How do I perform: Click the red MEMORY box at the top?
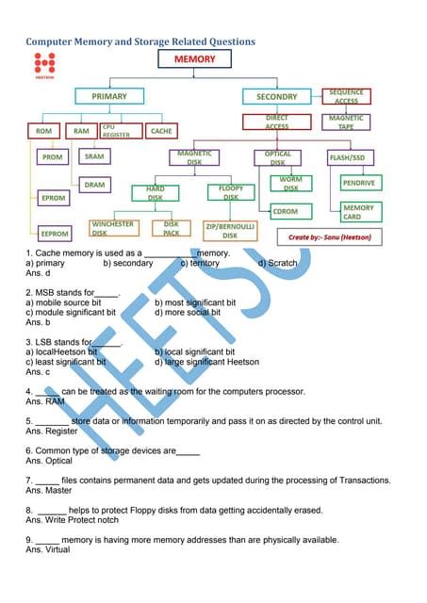[195, 59]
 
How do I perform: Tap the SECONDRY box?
[276, 96]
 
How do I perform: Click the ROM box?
[43, 131]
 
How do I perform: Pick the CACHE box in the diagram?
[161, 131]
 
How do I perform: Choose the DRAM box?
[94, 185]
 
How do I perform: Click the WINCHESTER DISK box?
[113, 228]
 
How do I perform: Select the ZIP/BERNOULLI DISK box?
[230, 230]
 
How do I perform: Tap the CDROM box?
[285, 212]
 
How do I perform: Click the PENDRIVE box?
[358, 183]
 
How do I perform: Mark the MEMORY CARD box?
[358, 212]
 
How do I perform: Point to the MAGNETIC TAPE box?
[346, 122]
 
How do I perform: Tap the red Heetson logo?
[43, 64]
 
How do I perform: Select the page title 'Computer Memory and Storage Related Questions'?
[140, 41]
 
